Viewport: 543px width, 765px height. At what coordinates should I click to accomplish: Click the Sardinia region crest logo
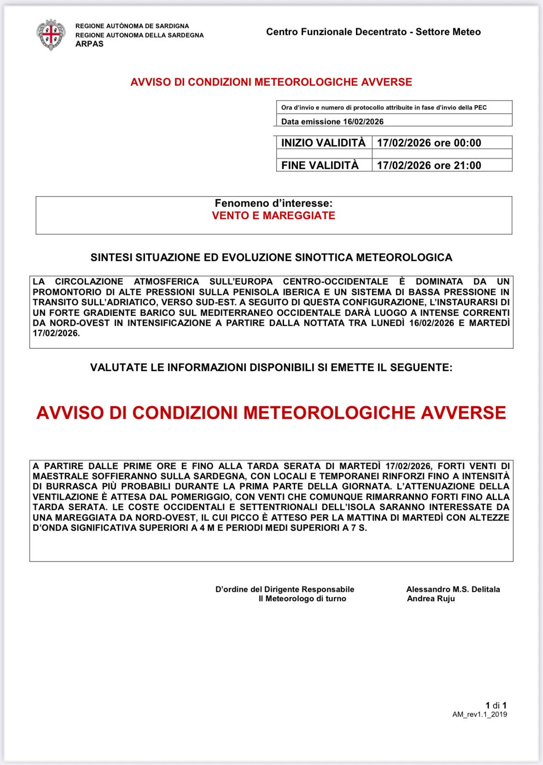tap(51, 35)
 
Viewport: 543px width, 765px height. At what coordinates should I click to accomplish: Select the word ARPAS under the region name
tap(89, 44)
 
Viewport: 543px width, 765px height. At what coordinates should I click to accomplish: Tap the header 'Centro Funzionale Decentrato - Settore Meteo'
tap(373, 32)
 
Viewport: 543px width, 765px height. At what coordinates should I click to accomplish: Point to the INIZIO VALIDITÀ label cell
tap(323, 143)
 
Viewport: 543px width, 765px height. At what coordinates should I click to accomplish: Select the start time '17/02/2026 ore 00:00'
tap(429, 143)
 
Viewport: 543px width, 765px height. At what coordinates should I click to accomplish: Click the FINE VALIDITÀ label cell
tap(320, 165)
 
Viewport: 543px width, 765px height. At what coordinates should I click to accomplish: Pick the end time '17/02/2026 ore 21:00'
tap(429, 165)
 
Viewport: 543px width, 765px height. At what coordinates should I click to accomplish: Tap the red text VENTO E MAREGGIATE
tap(274, 215)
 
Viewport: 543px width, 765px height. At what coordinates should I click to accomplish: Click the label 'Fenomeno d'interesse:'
tap(274, 203)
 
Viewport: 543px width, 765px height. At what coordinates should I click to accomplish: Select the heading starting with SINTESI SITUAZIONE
tap(271, 257)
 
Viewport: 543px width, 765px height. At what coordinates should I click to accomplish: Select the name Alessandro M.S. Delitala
tap(453, 589)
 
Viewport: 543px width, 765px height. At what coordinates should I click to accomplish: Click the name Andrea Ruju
tap(431, 598)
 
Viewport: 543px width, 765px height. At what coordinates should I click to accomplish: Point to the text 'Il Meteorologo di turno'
tap(302, 598)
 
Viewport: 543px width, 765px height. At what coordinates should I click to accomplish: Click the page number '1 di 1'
tap(496, 705)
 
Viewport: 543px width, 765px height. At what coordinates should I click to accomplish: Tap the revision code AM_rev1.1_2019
tap(479, 714)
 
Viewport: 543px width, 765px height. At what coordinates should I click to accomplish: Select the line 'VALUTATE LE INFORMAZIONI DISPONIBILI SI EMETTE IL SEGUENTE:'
tap(271, 367)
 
